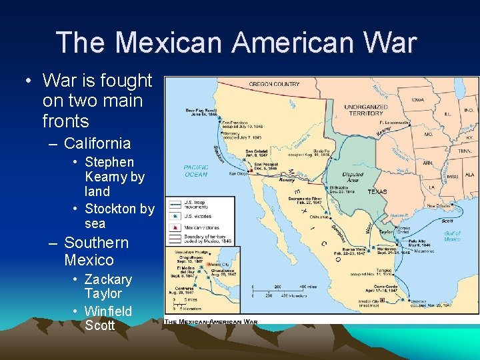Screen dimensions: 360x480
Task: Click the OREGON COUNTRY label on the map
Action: (x=274, y=84)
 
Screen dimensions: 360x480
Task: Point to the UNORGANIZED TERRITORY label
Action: (x=365, y=110)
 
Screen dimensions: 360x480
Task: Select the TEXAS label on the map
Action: (x=377, y=191)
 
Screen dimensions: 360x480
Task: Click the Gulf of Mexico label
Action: (x=452, y=236)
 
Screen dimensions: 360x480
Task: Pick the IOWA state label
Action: (x=418, y=100)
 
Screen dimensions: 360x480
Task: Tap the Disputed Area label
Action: (x=352, y=177)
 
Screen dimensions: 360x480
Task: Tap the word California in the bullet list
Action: (x=97, y=143)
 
